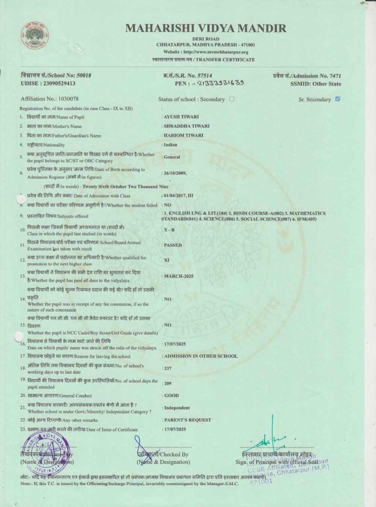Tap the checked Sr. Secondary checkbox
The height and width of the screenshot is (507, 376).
click(338, 99)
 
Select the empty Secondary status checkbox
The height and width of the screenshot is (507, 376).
click(232, 99)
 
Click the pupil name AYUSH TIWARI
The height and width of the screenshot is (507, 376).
click(181, 117)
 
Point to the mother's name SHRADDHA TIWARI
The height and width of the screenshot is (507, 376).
click(186, 126)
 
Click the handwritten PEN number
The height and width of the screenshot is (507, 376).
click(220, 83)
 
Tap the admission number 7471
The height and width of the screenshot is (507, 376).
click(335, 76)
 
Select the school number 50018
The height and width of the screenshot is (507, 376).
click(83, 75)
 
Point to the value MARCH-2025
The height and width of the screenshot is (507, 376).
click(179, 276)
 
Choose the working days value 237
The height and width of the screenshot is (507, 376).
click(168, 368)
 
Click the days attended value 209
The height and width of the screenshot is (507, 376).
click(168, 384)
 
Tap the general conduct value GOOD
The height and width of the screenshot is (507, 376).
click(171, 395)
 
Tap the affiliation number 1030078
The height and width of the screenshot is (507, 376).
click(68, 99)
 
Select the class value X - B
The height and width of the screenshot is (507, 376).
click(169, 230)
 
